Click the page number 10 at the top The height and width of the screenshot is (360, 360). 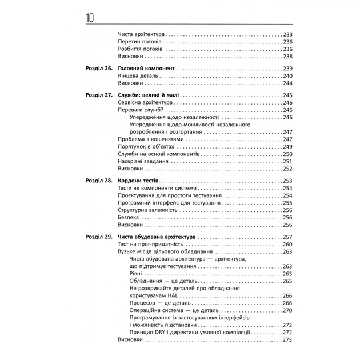coord(91,18)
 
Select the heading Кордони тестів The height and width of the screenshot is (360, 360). coord(141,180)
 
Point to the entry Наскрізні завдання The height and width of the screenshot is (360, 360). coord(143,162)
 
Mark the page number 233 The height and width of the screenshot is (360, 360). coord(287,34)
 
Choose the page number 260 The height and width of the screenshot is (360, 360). coord(287,244)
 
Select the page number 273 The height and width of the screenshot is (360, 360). coord(287,340)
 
